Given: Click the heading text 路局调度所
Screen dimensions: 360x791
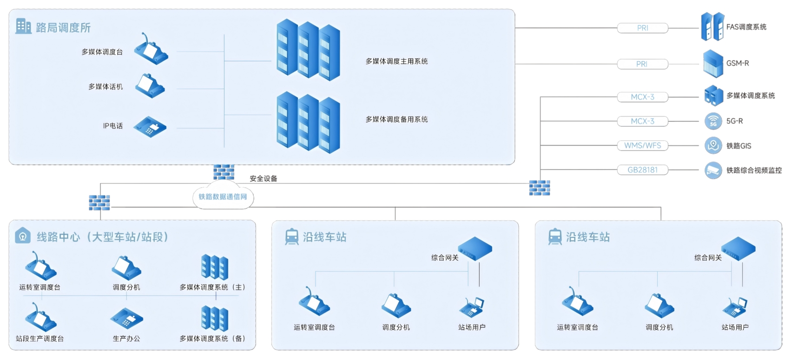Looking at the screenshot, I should tap(63, 28).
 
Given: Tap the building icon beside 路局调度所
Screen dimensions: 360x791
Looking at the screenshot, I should tap(23, 26).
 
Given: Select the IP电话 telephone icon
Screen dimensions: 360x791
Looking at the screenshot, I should tap(150, 126).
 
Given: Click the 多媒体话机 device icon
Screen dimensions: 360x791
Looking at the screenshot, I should tap(150, 86).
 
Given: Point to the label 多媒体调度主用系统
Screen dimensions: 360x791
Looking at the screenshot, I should tap(396, 61).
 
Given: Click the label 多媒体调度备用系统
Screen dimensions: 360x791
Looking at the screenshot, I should tap(396, 119).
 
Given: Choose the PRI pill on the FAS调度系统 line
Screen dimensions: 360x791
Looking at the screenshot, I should tap(642, 28).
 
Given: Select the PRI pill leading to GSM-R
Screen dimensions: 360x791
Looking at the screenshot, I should tap(642, 64).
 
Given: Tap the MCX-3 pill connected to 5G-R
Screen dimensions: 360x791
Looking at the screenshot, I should tap(642, 121).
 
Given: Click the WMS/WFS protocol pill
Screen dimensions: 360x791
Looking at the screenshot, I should tap(642, 145).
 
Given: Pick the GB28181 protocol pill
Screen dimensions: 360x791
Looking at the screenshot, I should tap(642, 170).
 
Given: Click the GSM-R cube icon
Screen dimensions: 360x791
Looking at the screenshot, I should tap(713, 64).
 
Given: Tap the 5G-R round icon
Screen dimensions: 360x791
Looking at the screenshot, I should tap(713, 121).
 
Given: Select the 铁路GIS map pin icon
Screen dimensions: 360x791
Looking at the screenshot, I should tap(713, 145).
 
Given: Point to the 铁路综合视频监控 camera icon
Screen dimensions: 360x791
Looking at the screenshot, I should tap(713, 170).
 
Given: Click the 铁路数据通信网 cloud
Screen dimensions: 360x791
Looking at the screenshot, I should tap(223, 197).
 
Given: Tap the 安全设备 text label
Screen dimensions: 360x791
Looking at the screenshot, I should tap(263, 178).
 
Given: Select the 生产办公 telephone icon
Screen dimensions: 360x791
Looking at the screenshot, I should tap(126, 318).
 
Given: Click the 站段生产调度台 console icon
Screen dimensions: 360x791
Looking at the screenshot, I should tap(41, 318).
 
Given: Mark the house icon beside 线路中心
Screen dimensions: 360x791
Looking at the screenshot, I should tap(22, 236).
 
